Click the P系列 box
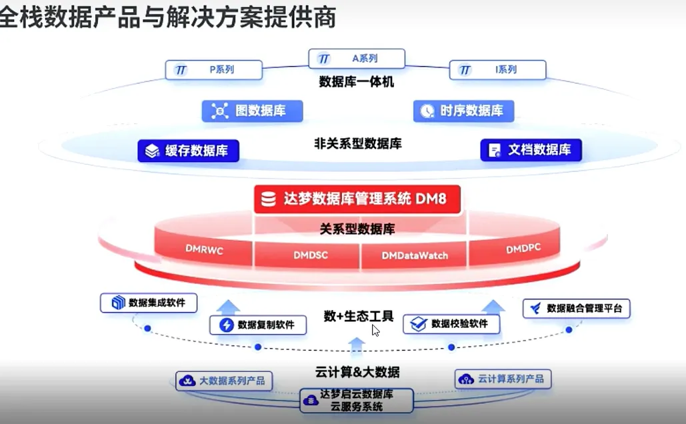click(x=214, y=69)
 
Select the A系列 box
click(x=357, y=59)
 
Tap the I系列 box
click(x=497, y=69)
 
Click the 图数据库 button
click(x=252, y=111)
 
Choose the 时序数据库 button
click(x=463, y=111)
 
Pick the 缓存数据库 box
click(x=189, y=151)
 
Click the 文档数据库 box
click(x=531, y=150)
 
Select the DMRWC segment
click(x=204, y=249)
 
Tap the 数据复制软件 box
click(x=258, y=325)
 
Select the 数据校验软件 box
click(x=451, y=324)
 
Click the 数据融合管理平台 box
click(x=576, y=308)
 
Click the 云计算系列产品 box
click(x=503, y=379)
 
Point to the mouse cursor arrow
click(x=376, y=330)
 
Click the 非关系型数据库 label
click(x=357, y=143)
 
